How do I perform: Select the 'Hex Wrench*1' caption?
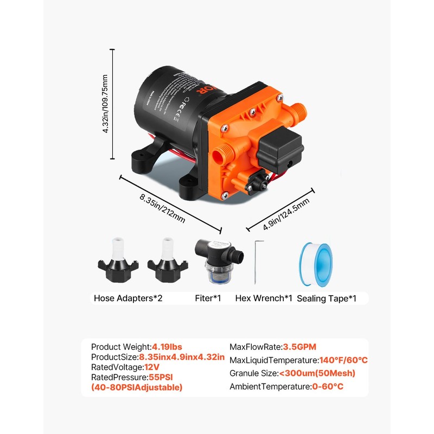point(264,298)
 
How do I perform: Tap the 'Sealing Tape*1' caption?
point(327,298)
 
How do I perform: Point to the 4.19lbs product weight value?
point(168,347)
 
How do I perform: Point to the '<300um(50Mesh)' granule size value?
point(317,373)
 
